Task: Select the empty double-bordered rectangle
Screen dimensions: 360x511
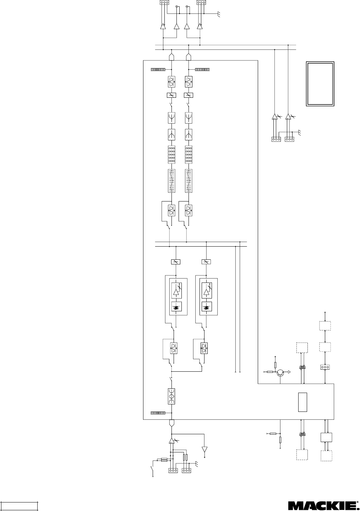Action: pos(320,84)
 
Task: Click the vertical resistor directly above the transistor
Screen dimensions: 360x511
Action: pos(276,365)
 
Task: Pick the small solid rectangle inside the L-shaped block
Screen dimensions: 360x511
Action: pos(302,402)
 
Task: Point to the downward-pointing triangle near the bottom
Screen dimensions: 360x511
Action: pos(204,449)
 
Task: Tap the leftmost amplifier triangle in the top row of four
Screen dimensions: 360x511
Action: pos(163,26)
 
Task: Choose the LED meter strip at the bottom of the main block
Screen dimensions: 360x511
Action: pos(158,413)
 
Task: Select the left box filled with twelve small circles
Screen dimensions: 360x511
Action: pos(171,155)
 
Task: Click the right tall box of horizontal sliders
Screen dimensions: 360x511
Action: pos(189,181)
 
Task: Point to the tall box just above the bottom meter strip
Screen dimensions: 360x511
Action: pos(171,396)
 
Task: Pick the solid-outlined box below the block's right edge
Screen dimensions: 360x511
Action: pos(326,437)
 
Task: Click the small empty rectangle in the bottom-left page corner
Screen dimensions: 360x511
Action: pos(19,506)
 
